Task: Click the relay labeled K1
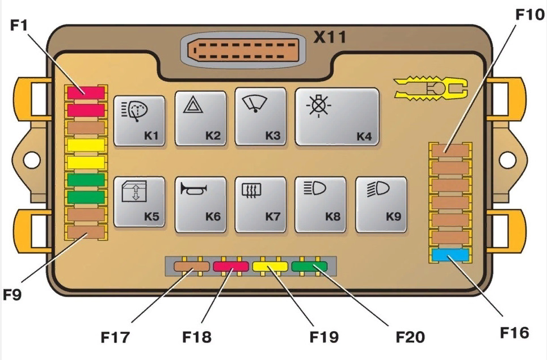tap(140, 121)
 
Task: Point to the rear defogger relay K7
tap(260, 205)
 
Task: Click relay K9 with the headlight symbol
tap(381, 205)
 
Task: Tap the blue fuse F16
tap(451, 256)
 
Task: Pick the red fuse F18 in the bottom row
tap(230, 266)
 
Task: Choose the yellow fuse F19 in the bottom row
tap(270, 266)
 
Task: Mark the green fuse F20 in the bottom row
tap(309, 266)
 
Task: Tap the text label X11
tap(330, 37)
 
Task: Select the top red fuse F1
tap(85, 91)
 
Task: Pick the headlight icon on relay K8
tap(313, 188)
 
